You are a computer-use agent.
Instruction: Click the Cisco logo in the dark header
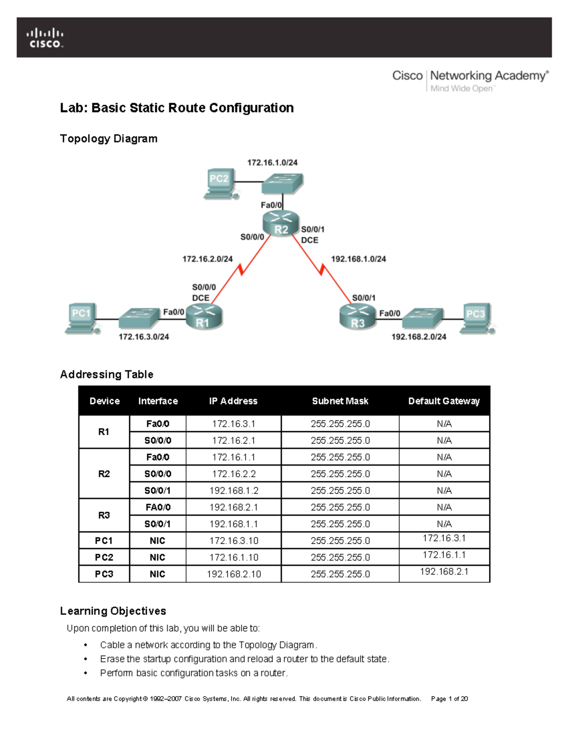(x=45, y=38)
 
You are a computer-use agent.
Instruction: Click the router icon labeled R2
(x=281, y=224)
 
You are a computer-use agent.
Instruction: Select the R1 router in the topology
(x=204, y=317)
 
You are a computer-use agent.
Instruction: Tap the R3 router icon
(x=357, y=317)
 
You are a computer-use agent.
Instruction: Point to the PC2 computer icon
(x=220, y=184)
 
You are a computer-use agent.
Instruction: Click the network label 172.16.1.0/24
(x=272, y=162)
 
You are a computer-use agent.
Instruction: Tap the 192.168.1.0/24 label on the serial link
(x=358, y=259)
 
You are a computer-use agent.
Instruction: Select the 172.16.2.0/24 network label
(x=207, y=259)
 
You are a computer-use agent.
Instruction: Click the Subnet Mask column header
(x=340, y=401)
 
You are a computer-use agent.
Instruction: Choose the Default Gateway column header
(x=444, y=401)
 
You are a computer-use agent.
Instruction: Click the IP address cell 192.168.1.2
(x=234, y=491)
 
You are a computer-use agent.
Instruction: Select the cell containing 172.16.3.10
(x=234, y=540)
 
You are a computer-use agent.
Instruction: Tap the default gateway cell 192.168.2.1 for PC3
(x=444, y=572)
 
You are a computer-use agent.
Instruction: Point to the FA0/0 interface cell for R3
(x=158, y=507)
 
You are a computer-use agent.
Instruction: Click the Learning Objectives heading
(x=113, y=611)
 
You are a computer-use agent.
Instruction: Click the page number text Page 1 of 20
(x=449, y=699)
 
